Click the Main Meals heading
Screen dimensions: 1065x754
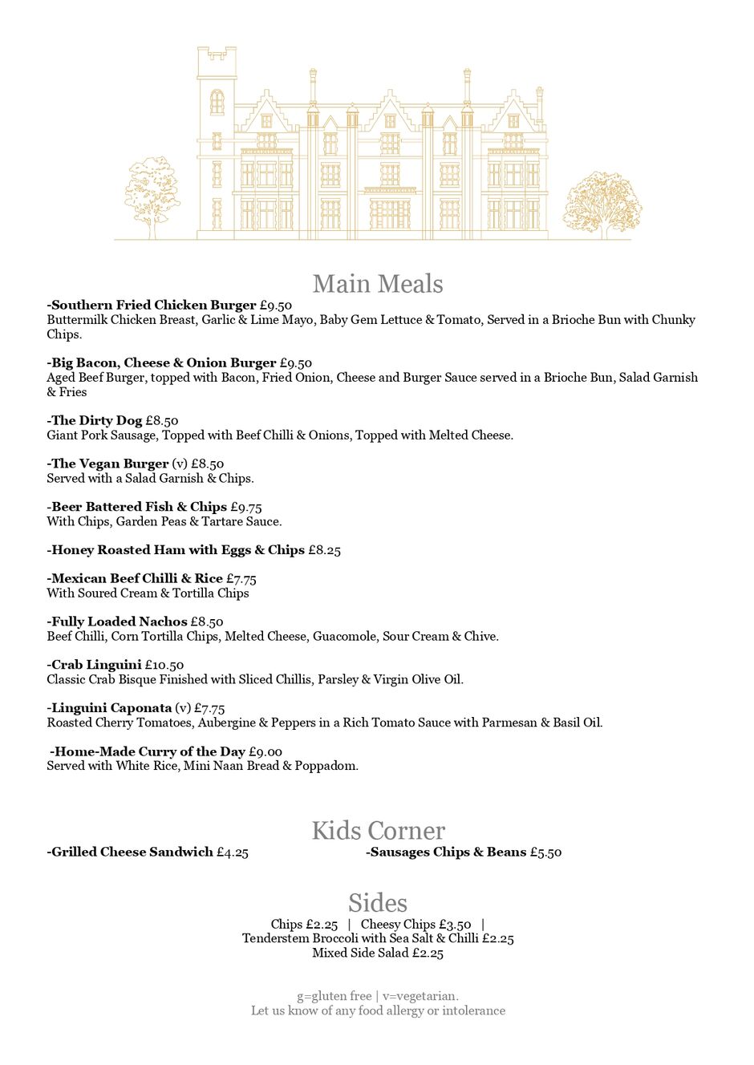click(x=377, y=284)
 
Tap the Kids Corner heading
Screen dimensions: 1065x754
click(x=378, y=831)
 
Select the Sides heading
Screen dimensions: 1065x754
click(x=377, y=903)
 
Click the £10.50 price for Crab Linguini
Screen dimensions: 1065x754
click(x=164, y=665)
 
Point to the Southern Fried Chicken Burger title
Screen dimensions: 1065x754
click(x=152, y=306)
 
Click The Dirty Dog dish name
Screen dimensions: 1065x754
click(x=95, y=421)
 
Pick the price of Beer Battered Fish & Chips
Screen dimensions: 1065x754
click(x=245, y=508)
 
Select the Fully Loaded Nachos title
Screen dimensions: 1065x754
click(x=118, y=622)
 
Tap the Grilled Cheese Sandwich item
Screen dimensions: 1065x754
click(x=131, y=852)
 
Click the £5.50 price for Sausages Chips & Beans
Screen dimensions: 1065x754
click(x=545, y=852)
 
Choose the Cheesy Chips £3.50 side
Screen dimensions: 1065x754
click(x=416, y=925)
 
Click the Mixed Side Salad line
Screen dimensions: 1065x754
click(x=377, y=954)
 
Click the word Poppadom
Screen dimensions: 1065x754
click(x=326, y=767)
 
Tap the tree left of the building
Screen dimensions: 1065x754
click(x=152, y=195)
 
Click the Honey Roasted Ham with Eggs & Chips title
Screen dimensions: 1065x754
click(x=176, y=551)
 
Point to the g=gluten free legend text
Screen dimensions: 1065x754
click(x=334, y=997)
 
